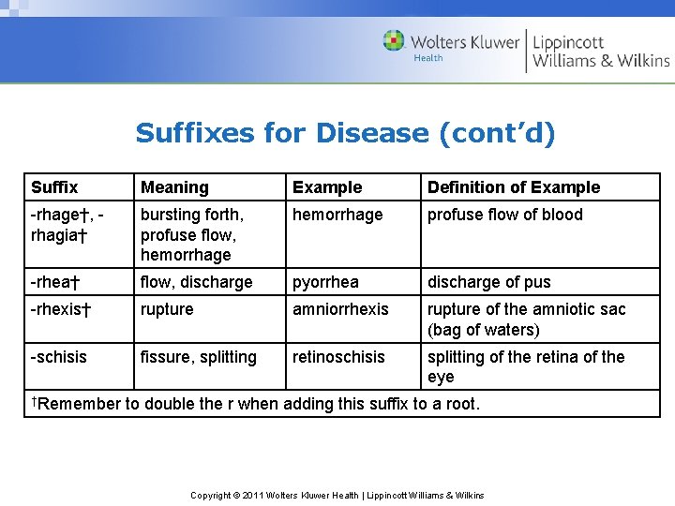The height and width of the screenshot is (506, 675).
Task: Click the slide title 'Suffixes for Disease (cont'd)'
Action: coord(345,133)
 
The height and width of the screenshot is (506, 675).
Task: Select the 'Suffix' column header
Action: coord(54,187)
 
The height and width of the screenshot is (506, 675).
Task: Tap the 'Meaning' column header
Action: coord(174,187)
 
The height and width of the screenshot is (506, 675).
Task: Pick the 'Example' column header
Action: coord(327,187)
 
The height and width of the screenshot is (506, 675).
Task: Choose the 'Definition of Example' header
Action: coord(514,187)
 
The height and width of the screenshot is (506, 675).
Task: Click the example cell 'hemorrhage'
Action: coord(337,215)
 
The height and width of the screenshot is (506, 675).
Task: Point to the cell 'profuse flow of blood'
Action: coord(505,215)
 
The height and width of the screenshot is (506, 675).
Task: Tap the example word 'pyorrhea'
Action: coord(325,282)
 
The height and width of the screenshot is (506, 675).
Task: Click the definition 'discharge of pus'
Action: coord(489,282)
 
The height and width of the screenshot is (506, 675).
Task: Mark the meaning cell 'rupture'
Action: coord(167,309)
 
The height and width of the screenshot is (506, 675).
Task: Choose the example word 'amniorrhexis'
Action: coord(340,309)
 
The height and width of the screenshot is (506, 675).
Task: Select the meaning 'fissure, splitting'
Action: coord(199,357)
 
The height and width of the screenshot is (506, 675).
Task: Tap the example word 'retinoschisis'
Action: coord(338,357)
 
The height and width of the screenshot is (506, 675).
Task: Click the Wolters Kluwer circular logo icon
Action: coord(394,41)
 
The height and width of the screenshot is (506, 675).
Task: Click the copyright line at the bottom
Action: coord(337,495)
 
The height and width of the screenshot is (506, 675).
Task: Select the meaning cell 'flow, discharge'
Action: coord(197,282)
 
